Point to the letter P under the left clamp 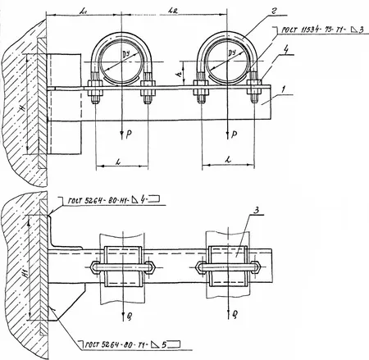[x=130, y=133]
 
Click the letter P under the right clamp [x=236, y=133]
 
